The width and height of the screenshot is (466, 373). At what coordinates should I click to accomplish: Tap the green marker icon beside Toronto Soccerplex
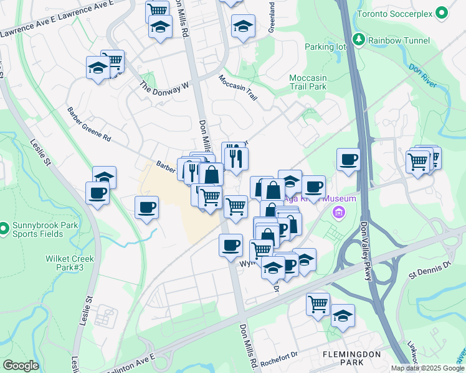tap(442, 13)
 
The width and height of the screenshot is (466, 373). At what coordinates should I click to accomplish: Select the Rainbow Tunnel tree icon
tap(359, 40)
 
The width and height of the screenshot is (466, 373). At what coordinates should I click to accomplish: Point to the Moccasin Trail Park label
tap(308, 82)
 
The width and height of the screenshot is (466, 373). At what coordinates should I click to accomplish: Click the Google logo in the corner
tap(21, 366)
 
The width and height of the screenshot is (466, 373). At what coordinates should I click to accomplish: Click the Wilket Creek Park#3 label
tap(69, 263)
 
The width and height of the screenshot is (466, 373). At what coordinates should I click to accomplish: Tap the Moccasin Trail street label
tap(237, 87)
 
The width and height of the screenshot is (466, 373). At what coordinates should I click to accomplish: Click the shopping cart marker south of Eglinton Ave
tap(318, 304)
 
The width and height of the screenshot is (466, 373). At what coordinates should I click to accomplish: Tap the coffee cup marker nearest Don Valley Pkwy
tap(348, 159)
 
